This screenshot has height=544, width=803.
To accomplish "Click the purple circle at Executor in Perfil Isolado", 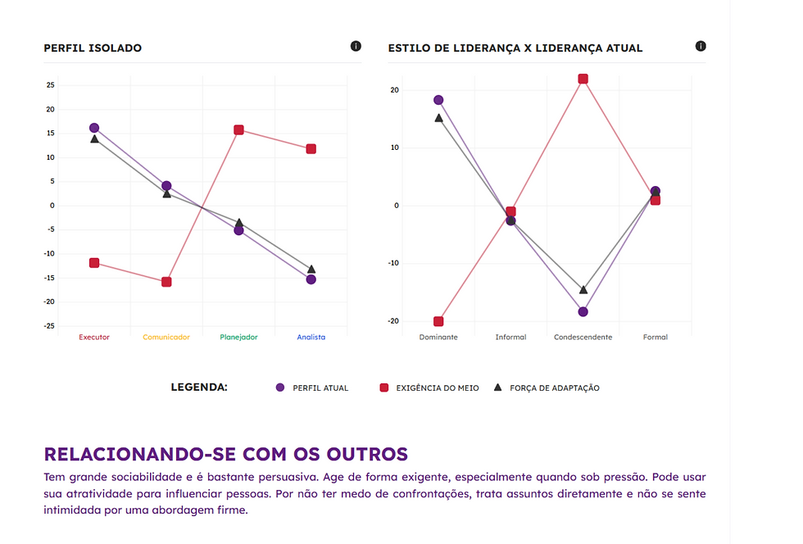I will [x=94, y=128].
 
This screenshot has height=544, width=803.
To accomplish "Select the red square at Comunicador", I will [x=166, y=282].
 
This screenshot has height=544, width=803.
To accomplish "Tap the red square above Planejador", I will [x=238, y=129].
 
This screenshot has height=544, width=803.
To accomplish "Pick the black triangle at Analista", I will [x=311, y=269].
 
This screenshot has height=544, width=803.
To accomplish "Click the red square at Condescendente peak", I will [x=583, y=79].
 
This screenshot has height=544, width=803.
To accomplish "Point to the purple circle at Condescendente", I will [x=583, y=312].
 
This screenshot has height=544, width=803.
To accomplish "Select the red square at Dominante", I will [x=438, y=321].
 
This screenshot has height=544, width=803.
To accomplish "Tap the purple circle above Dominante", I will [x=438, y=100].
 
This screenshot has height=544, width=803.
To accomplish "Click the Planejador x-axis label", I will [x=238, y=337].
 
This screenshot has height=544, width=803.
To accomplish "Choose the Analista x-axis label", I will [x=311, y=337].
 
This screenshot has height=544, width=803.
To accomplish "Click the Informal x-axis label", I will [x=510, y=337].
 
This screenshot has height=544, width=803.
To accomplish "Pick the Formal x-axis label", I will [x=656, y=337].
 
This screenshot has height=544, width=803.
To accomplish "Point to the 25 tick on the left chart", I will [x=51, y=85].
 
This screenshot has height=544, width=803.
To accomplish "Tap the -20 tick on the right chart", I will [x=393, y=321].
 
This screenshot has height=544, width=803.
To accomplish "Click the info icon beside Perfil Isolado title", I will [x=356, y=46].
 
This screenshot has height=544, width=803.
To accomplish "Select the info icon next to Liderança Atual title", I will [x=701, y=46].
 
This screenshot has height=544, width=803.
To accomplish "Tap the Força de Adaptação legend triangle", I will [x=497, y=387].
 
